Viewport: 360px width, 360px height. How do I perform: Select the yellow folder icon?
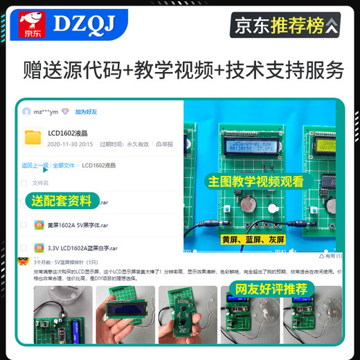click(33, 138)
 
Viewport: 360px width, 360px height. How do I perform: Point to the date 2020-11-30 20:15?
click(70, 144)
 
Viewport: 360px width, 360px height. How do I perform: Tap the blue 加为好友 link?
click(86, 111)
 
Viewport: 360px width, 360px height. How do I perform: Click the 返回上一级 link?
click(35, 165)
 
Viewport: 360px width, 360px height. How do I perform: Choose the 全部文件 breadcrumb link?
click(64, 165)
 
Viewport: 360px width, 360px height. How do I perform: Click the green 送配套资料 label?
click(62, 201)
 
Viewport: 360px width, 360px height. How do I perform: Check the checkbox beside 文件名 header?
click(24, 183)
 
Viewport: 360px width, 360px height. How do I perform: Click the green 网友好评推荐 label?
click(281, 287)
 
